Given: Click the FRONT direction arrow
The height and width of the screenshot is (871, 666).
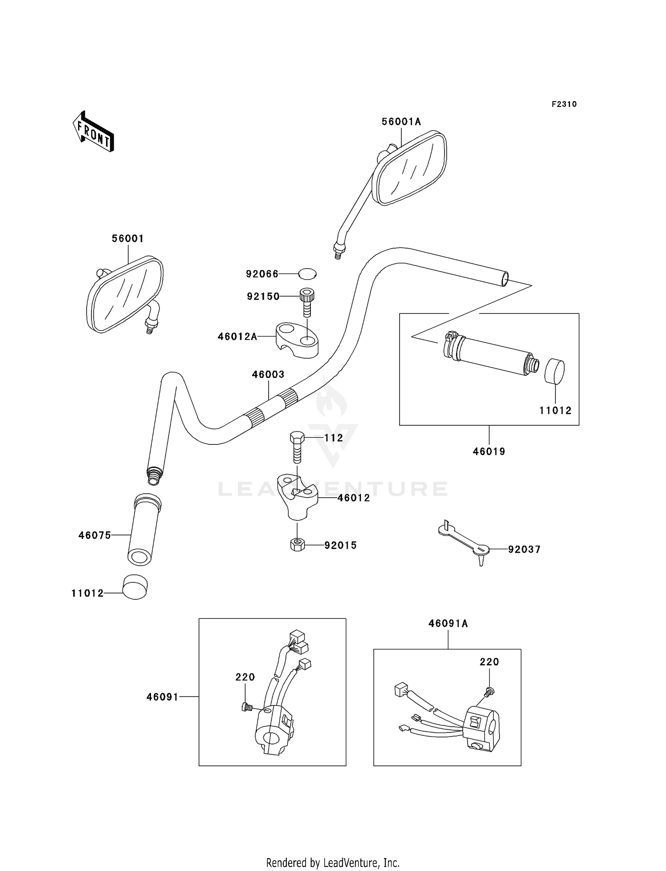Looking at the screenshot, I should [93, 132].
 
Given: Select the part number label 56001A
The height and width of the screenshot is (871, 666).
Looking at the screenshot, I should [401, 122].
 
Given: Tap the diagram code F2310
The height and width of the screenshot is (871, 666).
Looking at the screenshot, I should [564, 104].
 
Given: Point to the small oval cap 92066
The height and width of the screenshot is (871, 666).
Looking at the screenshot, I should [307, 273].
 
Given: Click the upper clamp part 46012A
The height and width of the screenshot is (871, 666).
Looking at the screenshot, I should [297, 340].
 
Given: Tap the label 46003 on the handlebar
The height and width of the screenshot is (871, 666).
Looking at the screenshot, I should [268, 374].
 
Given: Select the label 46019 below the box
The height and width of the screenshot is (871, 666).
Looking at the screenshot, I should [489, 451].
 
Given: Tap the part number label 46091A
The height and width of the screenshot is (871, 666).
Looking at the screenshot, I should [448, 623].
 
